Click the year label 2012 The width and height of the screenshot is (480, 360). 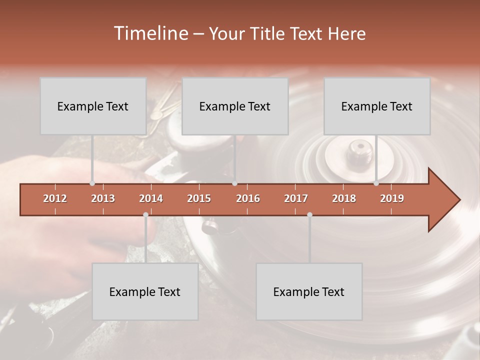tap(55, 198)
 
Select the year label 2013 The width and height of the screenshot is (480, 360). tap(103, 198)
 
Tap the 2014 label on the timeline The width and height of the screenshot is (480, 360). tap(151, 198)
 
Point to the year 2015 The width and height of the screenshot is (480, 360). tap(199, 198)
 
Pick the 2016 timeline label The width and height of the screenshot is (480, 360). tap(248, 198)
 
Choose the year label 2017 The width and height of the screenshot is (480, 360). tap(296, 198)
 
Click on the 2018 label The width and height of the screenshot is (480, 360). tap(344, 198)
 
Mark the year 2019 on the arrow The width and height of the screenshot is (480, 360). tap(392, 198)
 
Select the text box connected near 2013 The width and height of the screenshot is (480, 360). tap(93, 106)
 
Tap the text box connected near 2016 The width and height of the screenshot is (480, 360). tap(235, 106)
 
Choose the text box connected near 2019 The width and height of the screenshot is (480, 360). tap(377, 106)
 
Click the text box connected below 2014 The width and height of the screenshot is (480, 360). tap(145, 291)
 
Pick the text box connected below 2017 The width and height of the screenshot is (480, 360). tap(309, 291)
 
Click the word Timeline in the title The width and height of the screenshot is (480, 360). tap(150, 33)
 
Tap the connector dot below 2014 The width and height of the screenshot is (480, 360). tap(145, 214)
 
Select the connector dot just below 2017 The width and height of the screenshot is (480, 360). tap(309, 214)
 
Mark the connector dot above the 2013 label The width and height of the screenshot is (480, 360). tap(92, 183)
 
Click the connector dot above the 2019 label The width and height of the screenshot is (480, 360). tap(376, 183)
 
